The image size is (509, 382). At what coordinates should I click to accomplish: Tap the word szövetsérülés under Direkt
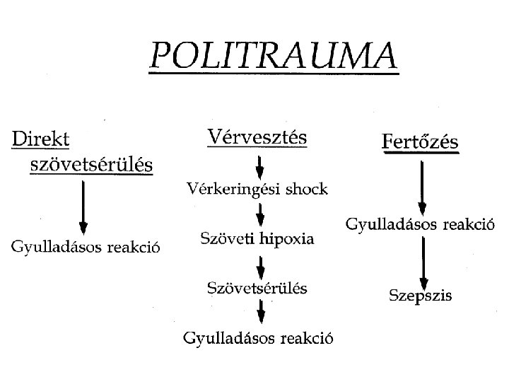(92, 165)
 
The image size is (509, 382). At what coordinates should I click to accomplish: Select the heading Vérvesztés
(257, 137)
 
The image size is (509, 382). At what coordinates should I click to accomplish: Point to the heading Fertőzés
(420, 142)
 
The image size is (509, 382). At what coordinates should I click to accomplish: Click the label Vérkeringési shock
(257, 189)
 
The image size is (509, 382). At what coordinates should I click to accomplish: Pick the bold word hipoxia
(287, 239)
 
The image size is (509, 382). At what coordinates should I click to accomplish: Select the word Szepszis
(421, 296)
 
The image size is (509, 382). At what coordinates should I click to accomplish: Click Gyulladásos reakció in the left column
(85, 247)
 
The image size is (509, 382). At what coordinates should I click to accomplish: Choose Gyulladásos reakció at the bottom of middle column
(259, 338)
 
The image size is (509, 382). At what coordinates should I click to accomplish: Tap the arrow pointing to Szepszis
(422, 262)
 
